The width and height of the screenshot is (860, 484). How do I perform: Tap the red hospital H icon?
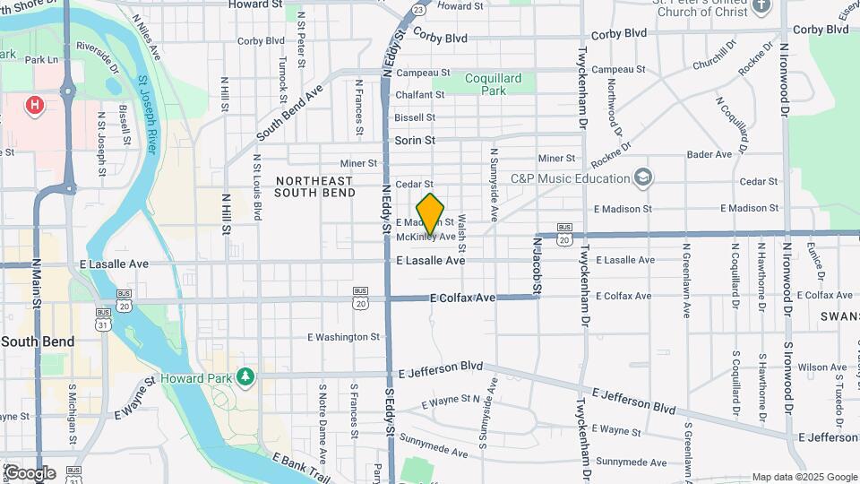[35, 107]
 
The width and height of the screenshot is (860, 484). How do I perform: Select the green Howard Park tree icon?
[244, 375]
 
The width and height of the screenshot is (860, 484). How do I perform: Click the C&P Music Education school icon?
[641, 177]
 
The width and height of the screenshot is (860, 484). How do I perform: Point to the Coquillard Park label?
[493, 84]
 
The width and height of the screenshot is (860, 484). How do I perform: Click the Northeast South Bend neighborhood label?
[314, 186]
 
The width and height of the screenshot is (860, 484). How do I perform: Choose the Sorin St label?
[415, 141]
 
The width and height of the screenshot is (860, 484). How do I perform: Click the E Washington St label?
[343, 337]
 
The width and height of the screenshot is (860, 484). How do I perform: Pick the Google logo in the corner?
[30, 472]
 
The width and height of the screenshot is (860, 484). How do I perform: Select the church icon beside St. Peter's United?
[761, 6]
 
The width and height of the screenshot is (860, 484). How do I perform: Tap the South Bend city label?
[38, 342]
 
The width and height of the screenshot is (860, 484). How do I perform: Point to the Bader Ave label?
[709, 154]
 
